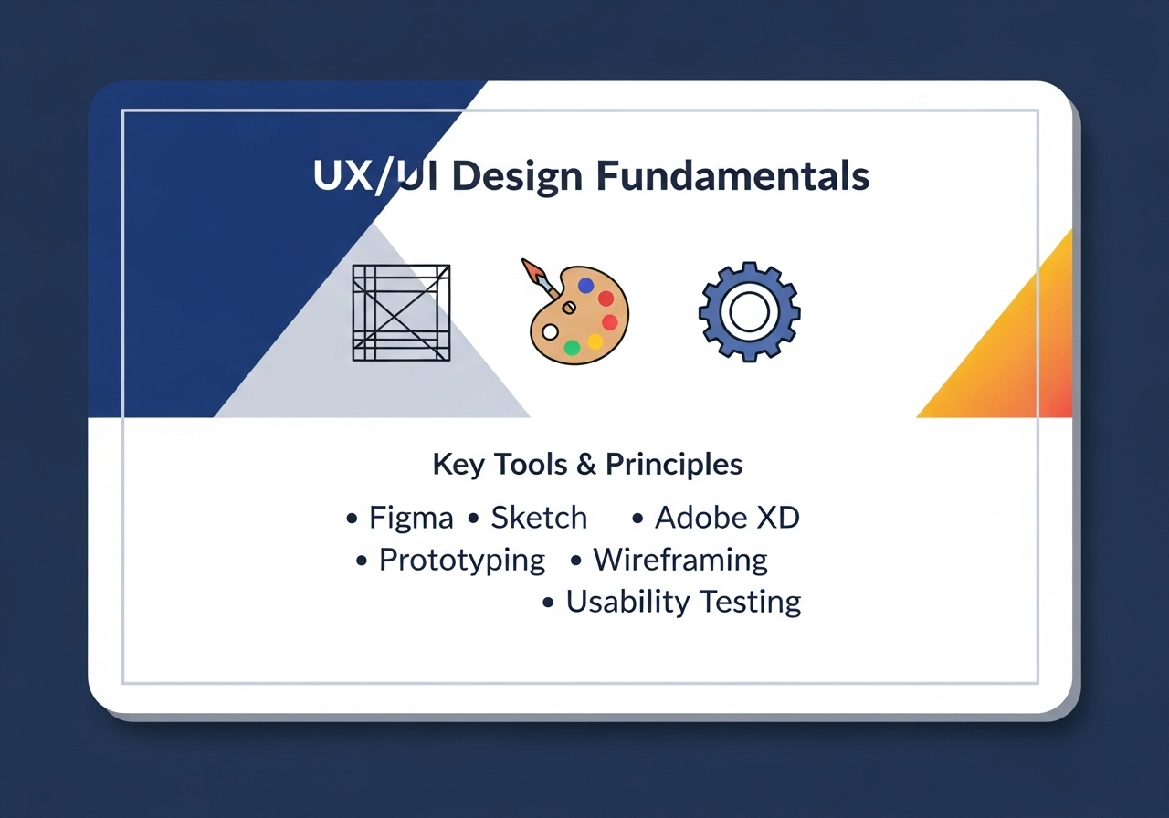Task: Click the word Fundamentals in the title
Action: pyautogui.click(x=733, y=176)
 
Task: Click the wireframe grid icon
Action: pyautogui.click(x=401, y=312)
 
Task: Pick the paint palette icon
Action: pyautogui.click(x=575, y=320)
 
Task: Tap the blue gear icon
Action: pyautogui.click(x=749, y=312)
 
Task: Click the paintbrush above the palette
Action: pyautogui.click(x=540, y=278)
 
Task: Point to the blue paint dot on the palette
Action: pyautogui.click(x=586, y=286)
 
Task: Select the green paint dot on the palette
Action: pyautogui.click(x=572, y=347)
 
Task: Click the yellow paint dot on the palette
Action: pyautogui.click(x=595, y=341)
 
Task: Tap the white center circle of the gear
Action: pyautogui.click(x=749, y=312)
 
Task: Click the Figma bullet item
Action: pyautogui.click(x=410, y=518)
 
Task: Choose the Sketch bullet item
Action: pyautogui.click(x=539, y=518)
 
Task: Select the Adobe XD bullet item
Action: pyautogui.click(x=727, y=518)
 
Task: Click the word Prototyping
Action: pyautogui.click(x=462, y=560)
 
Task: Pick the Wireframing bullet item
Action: pyautogui.click(x=680, y=560)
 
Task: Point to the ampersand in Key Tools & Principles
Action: pyautogui.click(x=586, y=465)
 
